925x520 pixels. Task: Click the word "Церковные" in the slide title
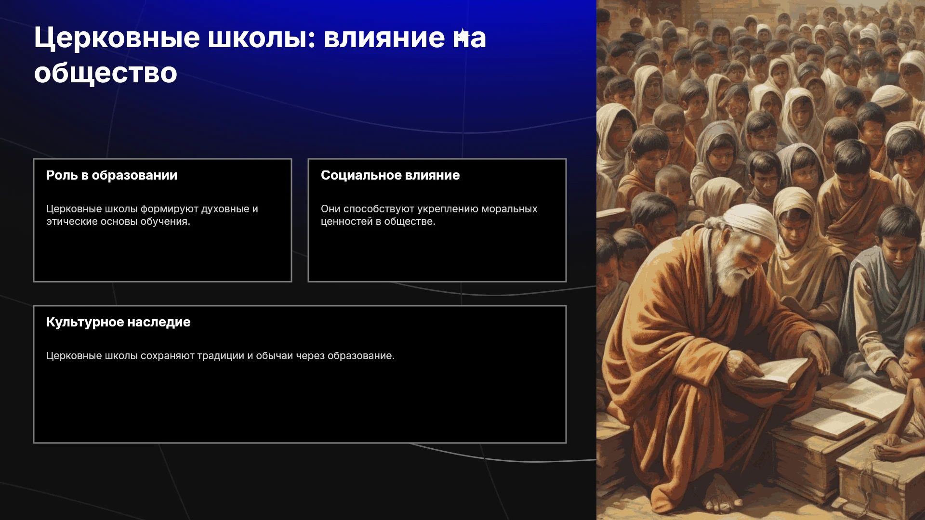[117, 39]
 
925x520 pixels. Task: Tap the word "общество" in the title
[106, 73]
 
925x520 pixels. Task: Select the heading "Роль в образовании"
[112, 175]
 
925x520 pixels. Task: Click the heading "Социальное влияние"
[390, 175]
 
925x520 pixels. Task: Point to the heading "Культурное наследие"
[119, 322]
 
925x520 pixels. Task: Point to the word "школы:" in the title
[262, 39]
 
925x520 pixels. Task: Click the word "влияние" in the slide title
[384, 39]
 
